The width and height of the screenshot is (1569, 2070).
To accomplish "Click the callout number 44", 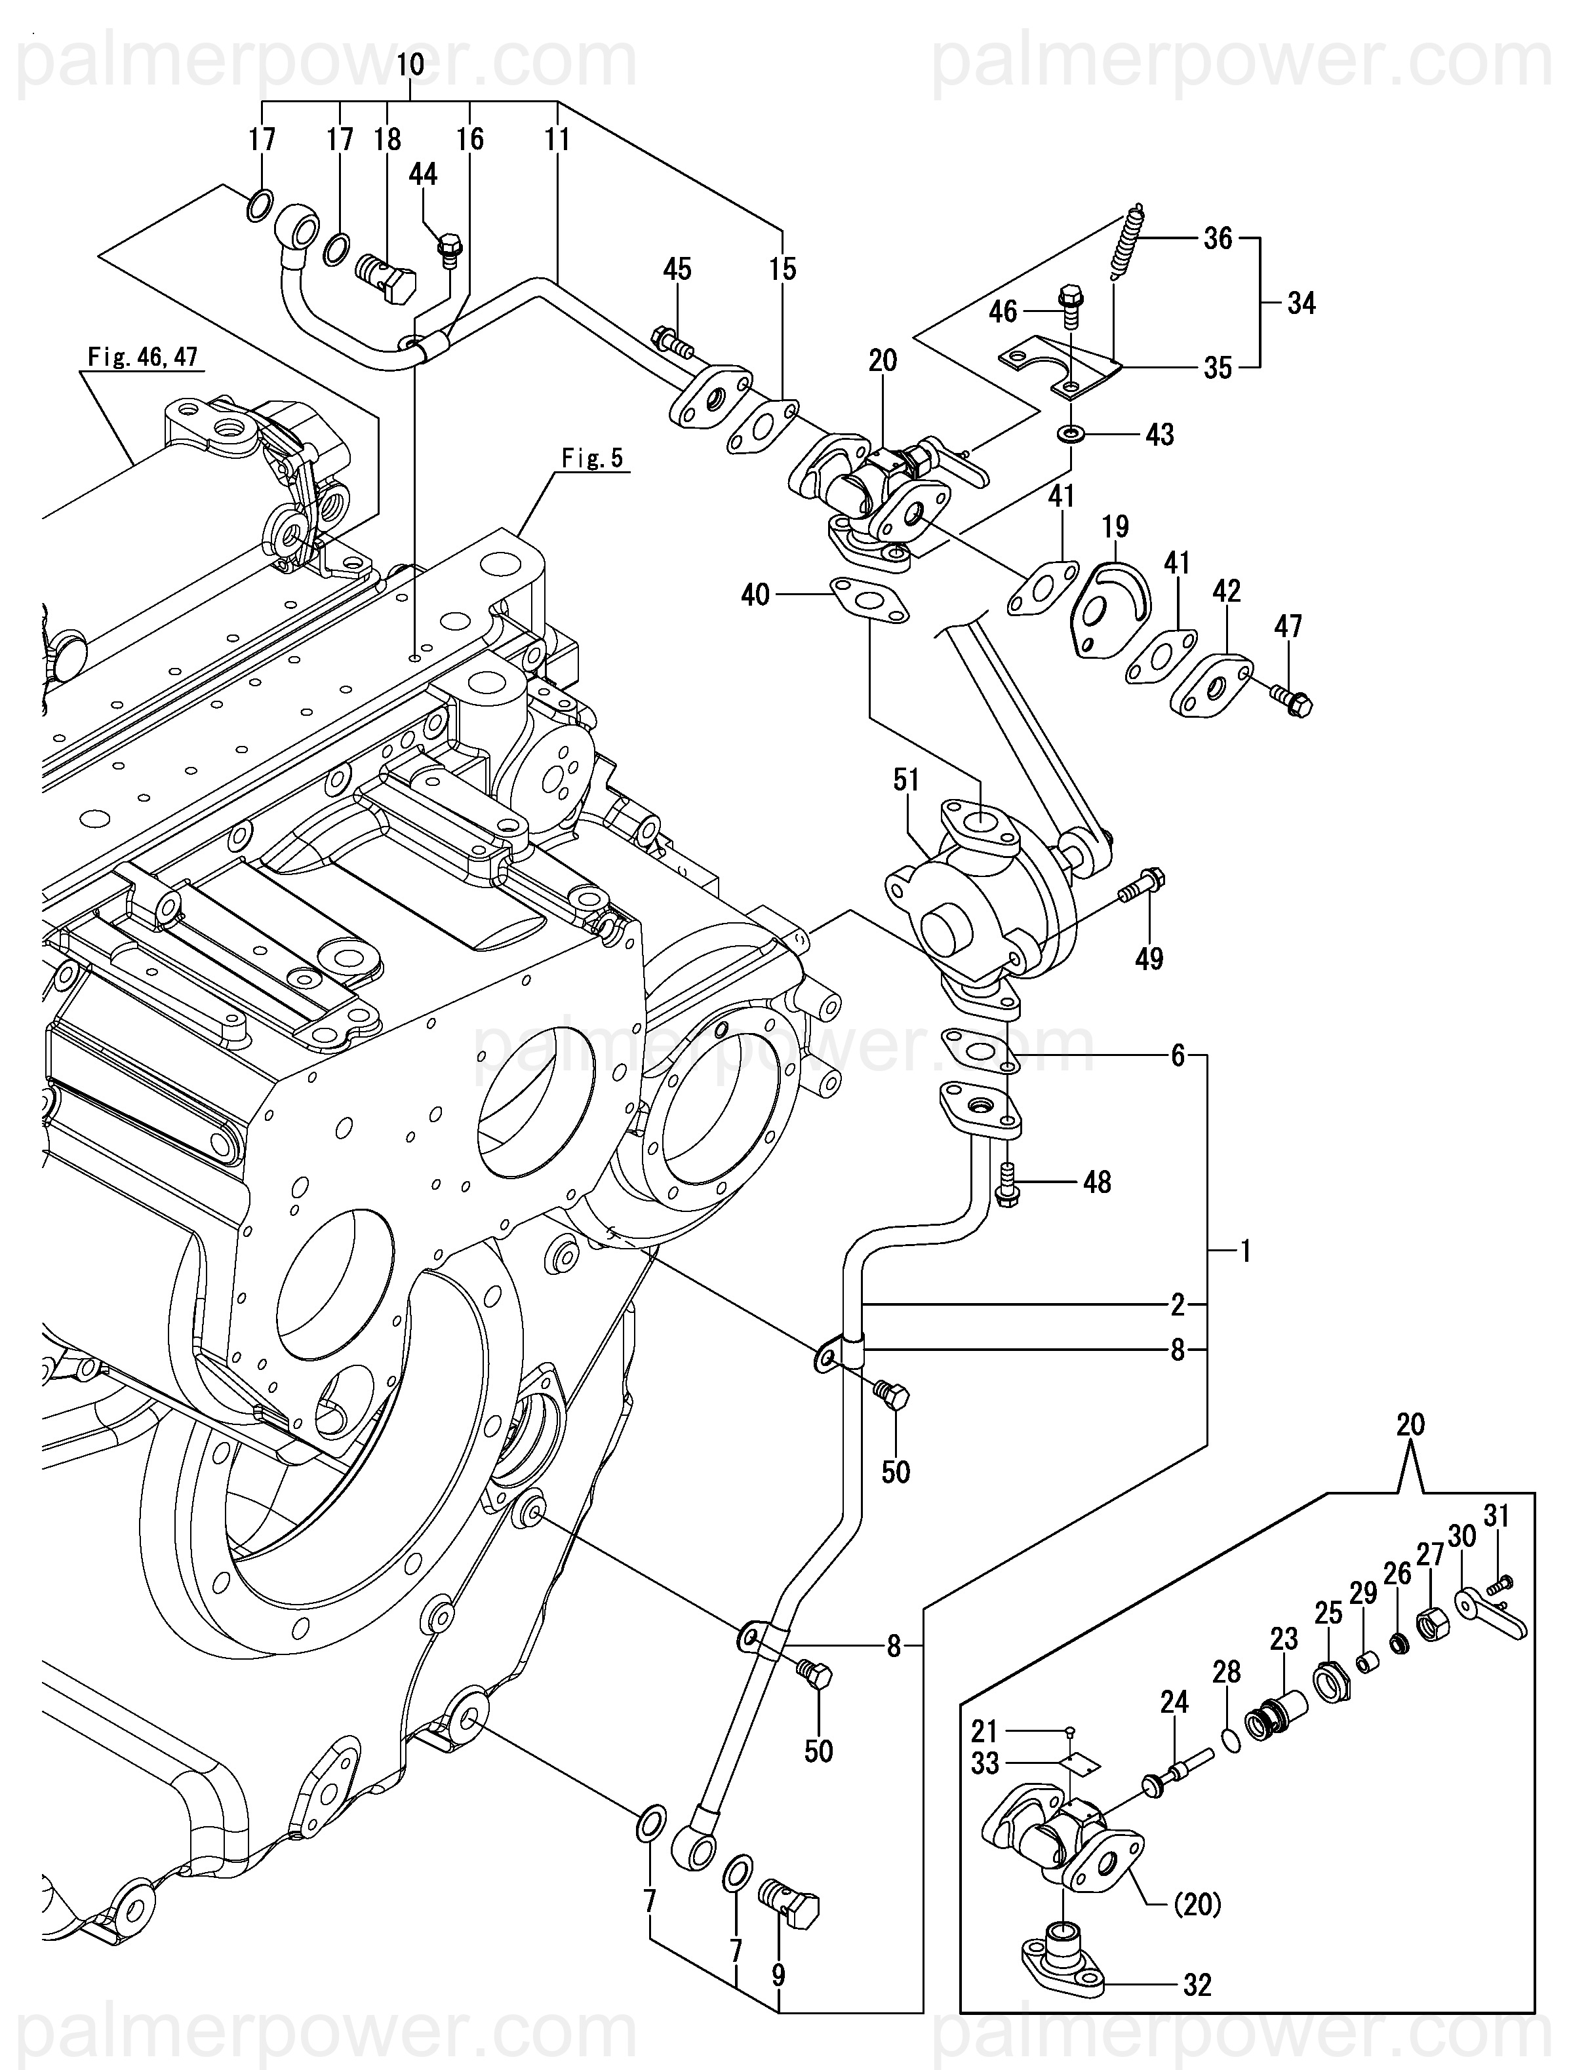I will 423,174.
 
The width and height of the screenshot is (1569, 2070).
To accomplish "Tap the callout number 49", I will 1149,958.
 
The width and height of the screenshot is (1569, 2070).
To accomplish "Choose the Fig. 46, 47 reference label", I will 142,357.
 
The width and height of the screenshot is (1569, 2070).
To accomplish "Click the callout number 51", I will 906,779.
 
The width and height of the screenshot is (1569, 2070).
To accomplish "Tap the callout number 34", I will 1301,303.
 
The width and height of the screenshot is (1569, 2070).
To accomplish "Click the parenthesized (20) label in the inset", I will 1197,1904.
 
